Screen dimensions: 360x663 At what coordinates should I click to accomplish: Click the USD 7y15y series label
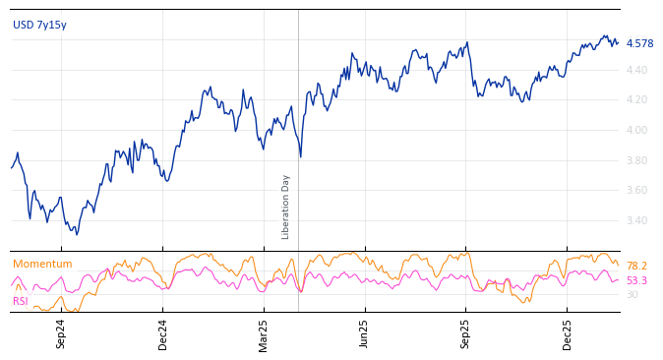click(x=39, y=26)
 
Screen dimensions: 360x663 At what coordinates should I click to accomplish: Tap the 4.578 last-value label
click(x=639, y=43)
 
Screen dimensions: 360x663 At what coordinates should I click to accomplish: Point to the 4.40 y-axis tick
click(x=636, y=70)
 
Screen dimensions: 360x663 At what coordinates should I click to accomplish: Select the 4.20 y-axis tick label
click(x=636, y=100)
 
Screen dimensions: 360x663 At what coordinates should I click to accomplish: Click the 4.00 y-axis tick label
click(x=636, y=130)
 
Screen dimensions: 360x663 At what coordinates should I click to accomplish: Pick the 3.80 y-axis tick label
click(x=636, y=160)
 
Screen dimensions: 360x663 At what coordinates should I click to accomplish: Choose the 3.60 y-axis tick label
click(x=636, y=190)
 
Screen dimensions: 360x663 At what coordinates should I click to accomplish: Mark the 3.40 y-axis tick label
click(x=636, y=220)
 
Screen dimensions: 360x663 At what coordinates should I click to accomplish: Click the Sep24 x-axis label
click(x=61, y=333)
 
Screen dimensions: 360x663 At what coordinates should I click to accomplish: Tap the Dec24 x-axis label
click(x=163, y=333)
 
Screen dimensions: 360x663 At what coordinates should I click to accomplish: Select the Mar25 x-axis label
click(x=264, y=333)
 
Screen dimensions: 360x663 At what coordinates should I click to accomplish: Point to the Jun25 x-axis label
click(x=365, y=333)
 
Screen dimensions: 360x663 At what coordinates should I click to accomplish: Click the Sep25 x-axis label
click(x=466, y=333)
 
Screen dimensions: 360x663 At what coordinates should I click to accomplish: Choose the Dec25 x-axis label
click(x=568, y=333)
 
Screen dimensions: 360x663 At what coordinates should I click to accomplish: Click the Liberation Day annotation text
click(x=286, y=207)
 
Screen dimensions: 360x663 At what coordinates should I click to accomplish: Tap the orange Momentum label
click(x=42, y=265)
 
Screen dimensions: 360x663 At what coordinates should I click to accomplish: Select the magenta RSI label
click(x=21, y=301)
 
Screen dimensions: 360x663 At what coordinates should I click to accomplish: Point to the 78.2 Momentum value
click(x=636, y=267)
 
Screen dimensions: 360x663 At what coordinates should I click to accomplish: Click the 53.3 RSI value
click(x=636, y=281)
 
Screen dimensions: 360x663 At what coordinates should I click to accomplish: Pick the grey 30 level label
click(x=632, y=295)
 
